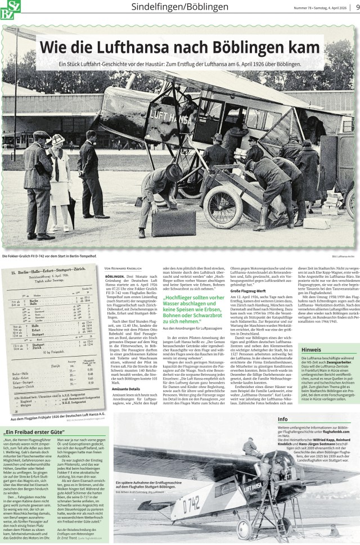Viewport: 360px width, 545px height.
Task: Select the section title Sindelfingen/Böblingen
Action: coord(179,7)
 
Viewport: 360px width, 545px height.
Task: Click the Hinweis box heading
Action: coord(311,364)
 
